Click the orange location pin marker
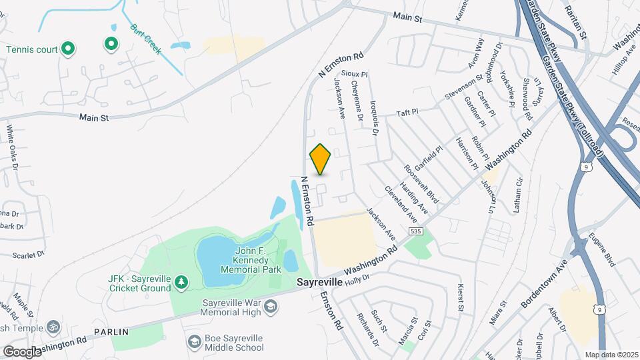[321, 159]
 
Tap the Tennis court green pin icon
[67, 48]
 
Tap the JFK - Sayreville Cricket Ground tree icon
[181, 283]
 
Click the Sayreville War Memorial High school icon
[270, 306]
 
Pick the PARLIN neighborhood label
[111, 331]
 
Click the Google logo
[21, 351]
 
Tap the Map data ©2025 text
[611, 355]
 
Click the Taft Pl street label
[406, 113]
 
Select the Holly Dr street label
[357, 275]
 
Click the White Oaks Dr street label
[11, 144]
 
